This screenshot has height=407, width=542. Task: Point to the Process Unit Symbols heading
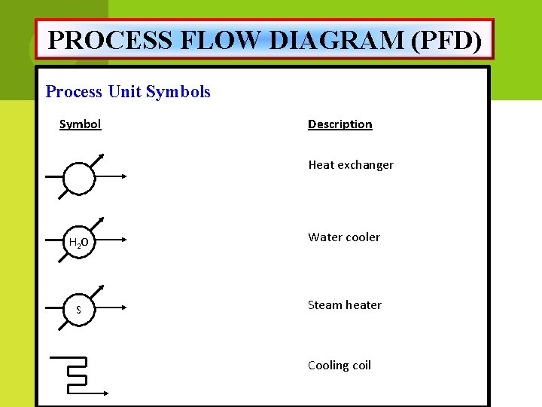pyautogui.click(x=128, y=92)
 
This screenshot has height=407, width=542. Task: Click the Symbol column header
pyautogui.click(x=80, y=124)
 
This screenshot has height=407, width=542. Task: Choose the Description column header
pyautogui.click(x=340, y=124)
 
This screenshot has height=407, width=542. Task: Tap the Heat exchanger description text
pyautogui.click(x=350, y=165)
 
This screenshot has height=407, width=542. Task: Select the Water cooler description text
pyautogui.click(x=343, y=237)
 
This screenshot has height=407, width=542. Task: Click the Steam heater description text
pyautogui.click(x=344, y=305)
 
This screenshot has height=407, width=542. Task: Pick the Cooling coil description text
pyautogui.click(x=339, y=366)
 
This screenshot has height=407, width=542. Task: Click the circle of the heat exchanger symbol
pyautogui.click(x=79, y=179)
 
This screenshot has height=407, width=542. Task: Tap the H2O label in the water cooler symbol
pyautogui.click(x=79, y=243)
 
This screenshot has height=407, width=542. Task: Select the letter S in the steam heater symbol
pyautogui.click(x=79, y=310)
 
